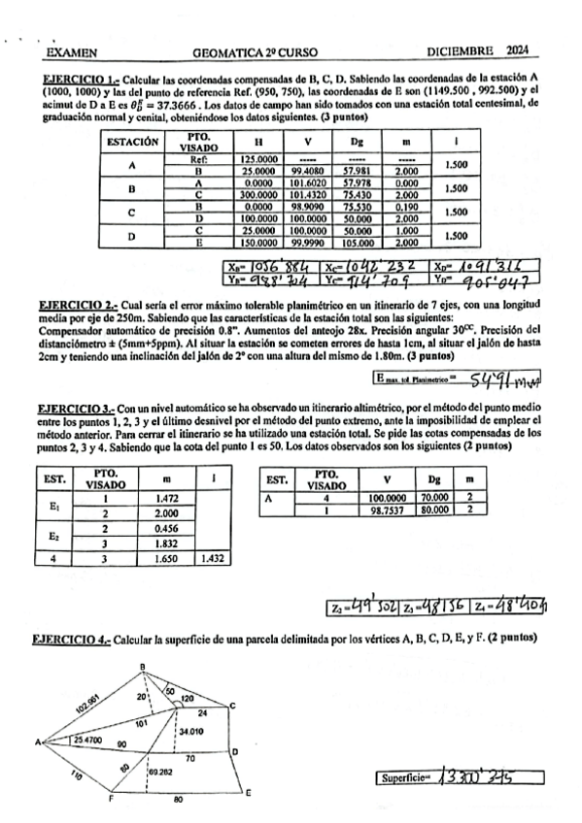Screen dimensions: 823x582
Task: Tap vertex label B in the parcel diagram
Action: click(x=143, y=667)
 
